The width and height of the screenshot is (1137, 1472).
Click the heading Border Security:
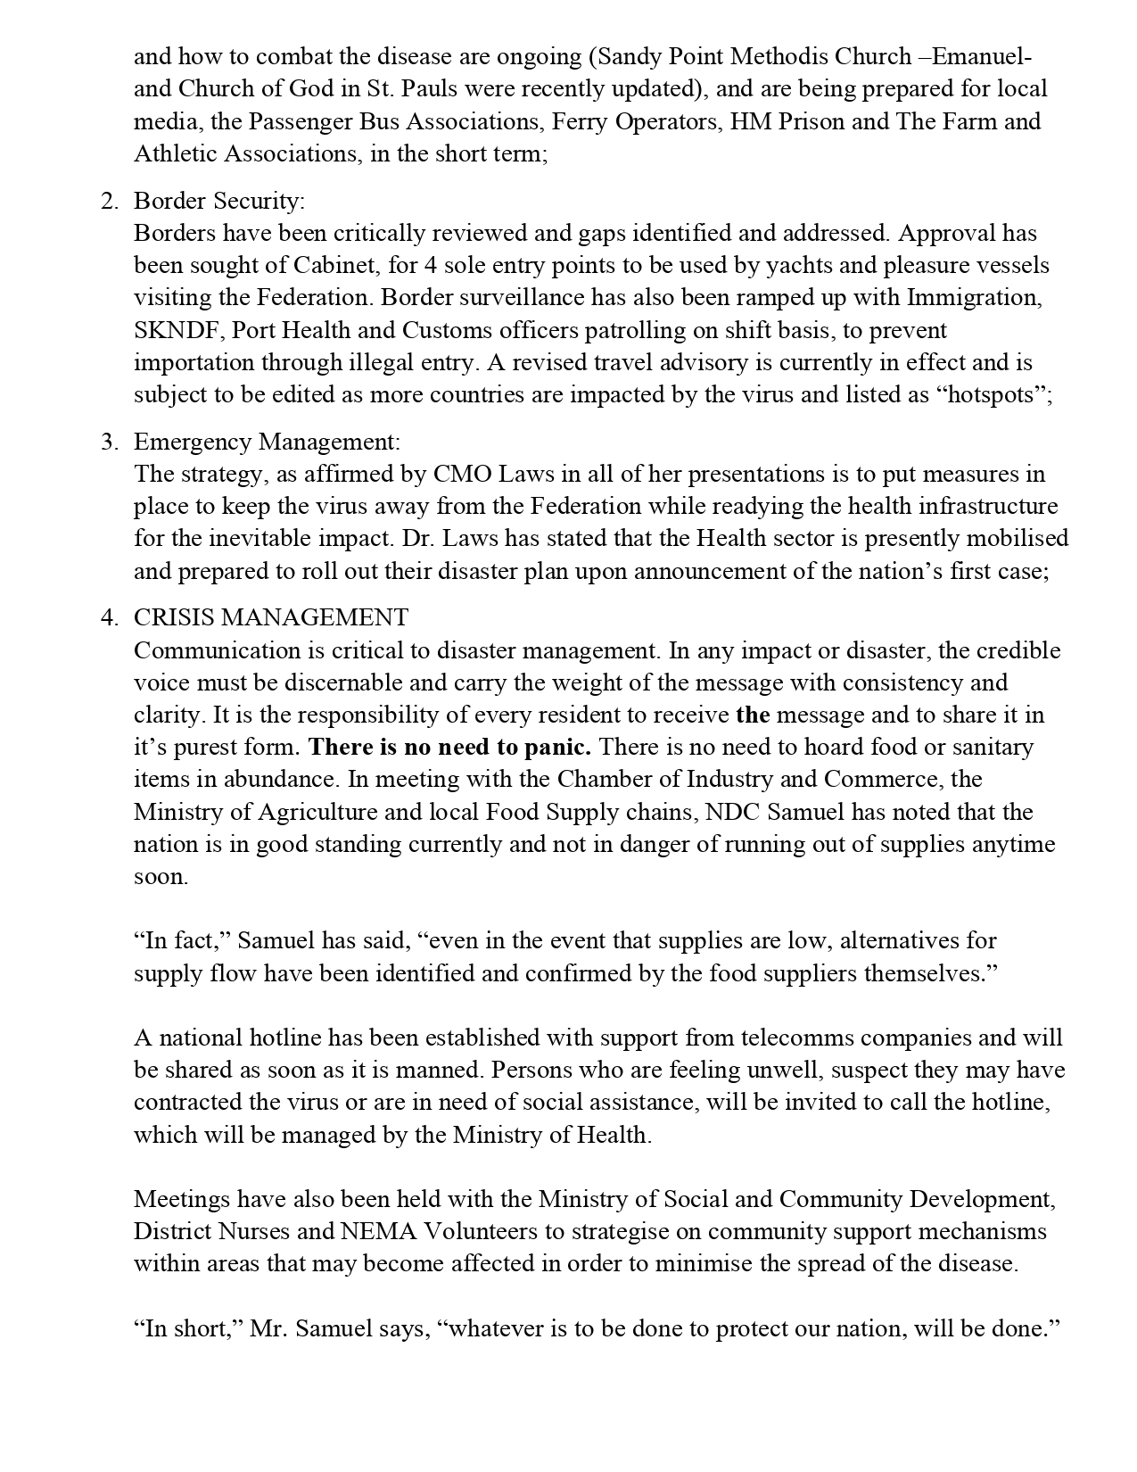pos(219,201)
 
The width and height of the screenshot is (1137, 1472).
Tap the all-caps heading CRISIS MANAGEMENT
pos(271,617)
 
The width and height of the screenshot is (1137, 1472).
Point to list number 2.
pos(109,201)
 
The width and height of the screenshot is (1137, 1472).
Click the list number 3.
pos(109,442)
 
